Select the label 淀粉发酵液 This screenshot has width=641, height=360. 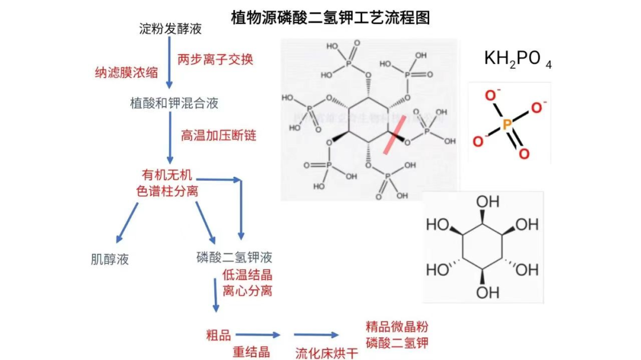162,29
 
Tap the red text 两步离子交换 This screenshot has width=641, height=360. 215,59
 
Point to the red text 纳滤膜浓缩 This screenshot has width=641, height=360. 126,73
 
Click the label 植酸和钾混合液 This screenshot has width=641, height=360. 174,103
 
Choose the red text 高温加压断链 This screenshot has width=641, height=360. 218,135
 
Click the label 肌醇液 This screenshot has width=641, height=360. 110,259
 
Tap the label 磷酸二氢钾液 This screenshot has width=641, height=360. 234,257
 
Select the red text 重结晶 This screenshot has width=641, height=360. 251,352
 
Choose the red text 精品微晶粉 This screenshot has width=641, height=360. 396,327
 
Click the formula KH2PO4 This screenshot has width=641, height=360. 518,59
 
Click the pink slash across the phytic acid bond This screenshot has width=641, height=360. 395,135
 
